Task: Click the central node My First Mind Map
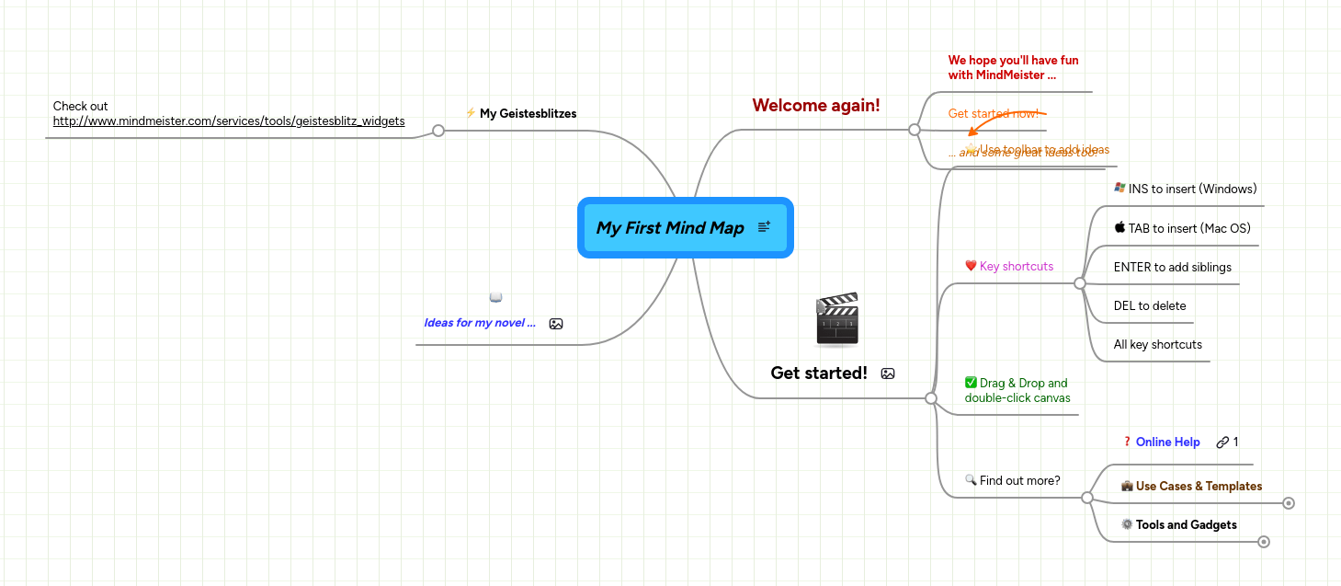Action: (x=669, y=228)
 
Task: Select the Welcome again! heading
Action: (x=815, y=106)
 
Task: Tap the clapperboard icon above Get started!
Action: (x=836, y=319)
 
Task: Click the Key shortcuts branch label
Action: (x=1016, y=267)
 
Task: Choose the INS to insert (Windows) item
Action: (x=1191, y=190)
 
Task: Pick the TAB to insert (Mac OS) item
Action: (x=1188, y=229)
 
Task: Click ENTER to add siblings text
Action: (x=1172, y=268)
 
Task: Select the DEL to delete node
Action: (x=1149, y=306)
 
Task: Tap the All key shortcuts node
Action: (x=1157, y=345)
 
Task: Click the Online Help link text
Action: (x=1167, y=442)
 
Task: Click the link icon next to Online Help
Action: (x=1222, y=442)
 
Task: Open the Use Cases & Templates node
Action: (x=1198, y=487)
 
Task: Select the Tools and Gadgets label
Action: (x=1186, y=525)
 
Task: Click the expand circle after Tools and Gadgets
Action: (x=1264, y=542)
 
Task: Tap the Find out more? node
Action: (x=1019, y=480)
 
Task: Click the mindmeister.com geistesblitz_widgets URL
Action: (x=228, y=121)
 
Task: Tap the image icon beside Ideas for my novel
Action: (x=555, y=324)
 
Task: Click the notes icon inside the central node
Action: (x=764, y=227)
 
